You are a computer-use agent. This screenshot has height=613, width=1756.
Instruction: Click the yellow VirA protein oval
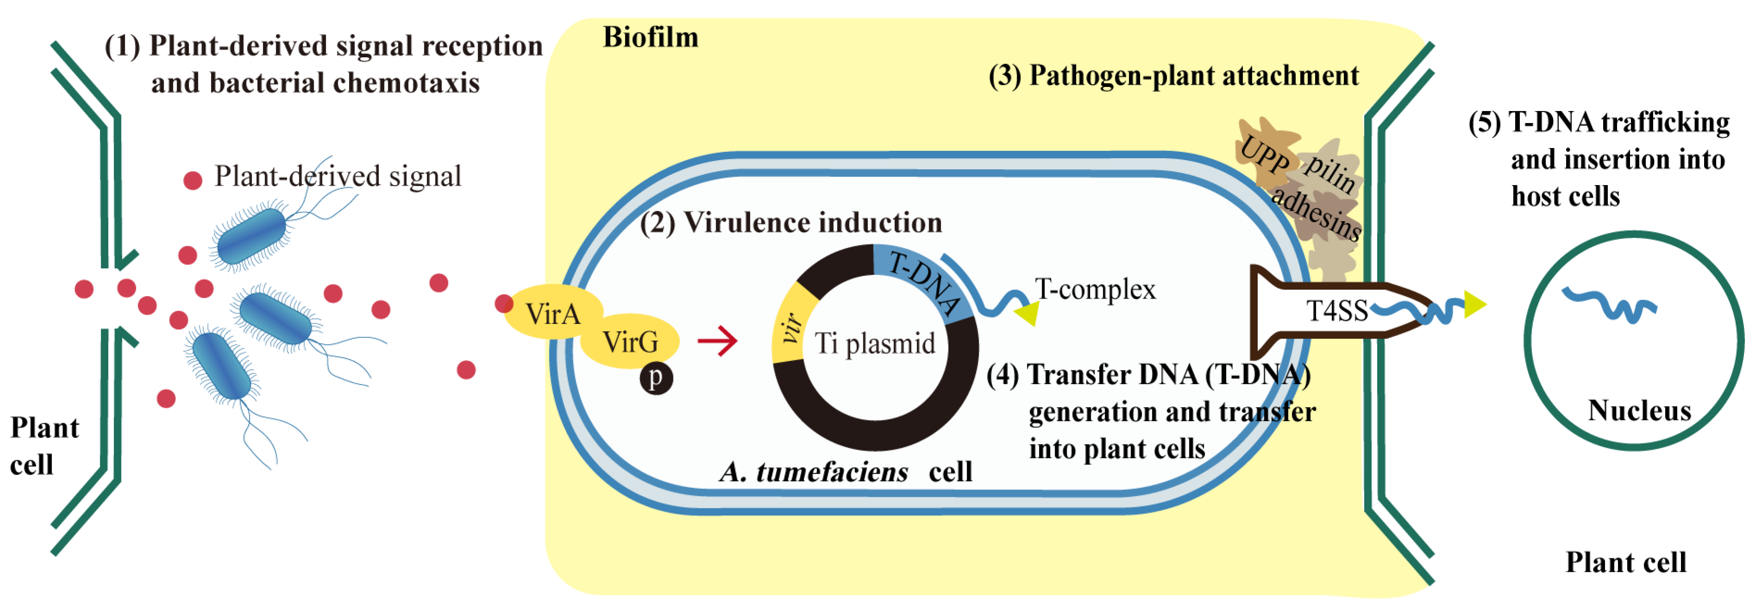pos(552,313)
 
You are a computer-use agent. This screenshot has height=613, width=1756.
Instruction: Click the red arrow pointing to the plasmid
pos(717,340)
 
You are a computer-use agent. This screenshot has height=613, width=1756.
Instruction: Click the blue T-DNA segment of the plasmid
pos(924,279)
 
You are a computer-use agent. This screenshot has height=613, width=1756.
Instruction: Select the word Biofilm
pos(650,37)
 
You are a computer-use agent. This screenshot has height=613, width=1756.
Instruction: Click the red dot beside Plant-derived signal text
pos(193,180)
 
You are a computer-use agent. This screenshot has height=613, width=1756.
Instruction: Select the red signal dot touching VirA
pos(504,303)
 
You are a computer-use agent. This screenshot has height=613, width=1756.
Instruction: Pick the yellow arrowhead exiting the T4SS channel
pos(1474,304)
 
